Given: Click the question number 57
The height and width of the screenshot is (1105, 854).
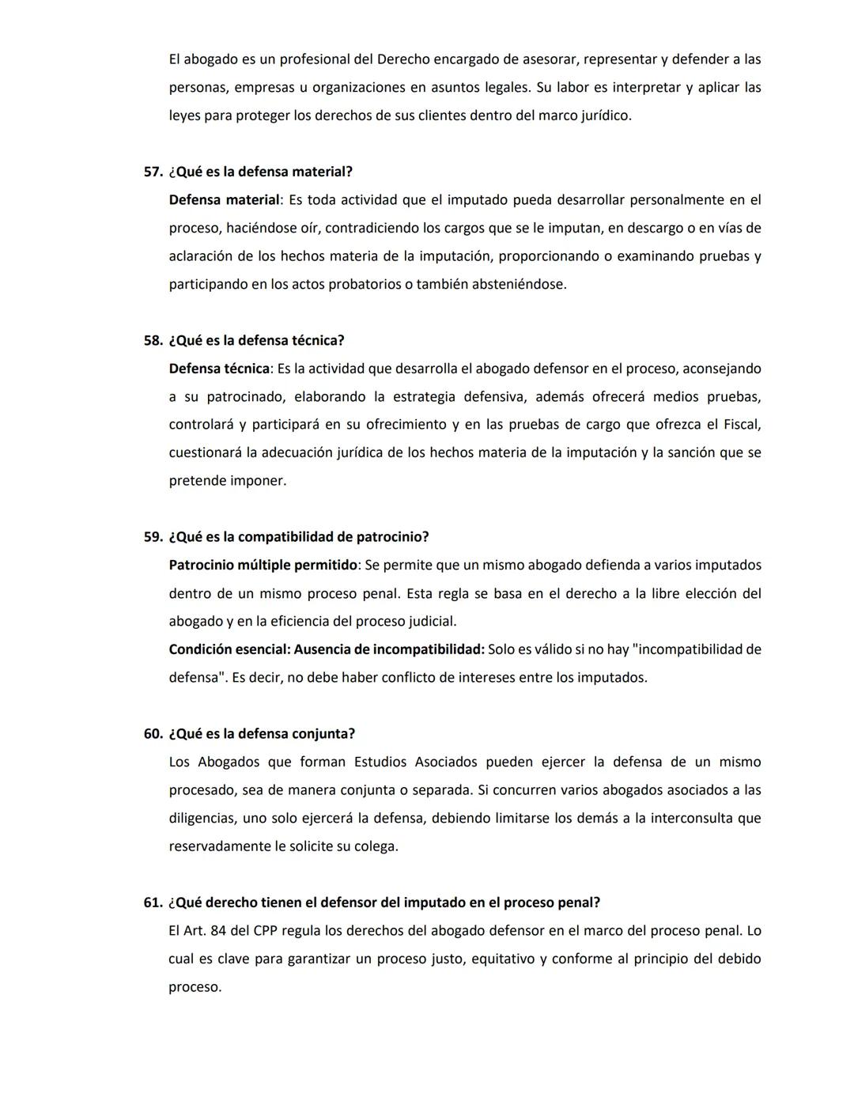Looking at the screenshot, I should tap(153, 172).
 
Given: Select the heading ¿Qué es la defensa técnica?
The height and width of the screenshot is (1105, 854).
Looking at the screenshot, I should tap(256, 340).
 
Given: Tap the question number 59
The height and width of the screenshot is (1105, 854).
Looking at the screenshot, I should tap(153, 537).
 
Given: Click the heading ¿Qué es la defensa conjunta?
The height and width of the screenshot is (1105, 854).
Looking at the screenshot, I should tap(262, 733).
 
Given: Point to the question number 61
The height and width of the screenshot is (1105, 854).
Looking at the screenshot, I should tap(153, 903).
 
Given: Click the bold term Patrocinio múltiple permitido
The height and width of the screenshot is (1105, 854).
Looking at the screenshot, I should tap(263, 565).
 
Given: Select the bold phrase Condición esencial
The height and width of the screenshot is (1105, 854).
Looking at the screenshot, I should tap(229, 649).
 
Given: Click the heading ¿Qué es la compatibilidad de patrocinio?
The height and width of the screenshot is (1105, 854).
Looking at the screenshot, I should tap(299, 537).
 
